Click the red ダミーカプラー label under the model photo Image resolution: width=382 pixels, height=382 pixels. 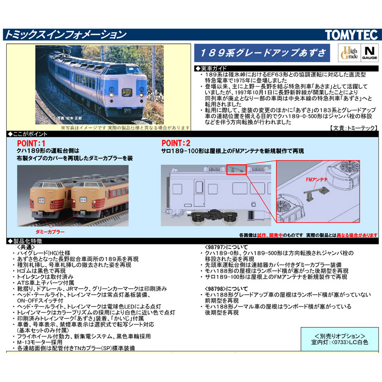(x=64, y=231)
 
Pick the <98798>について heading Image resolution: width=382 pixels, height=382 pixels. (x=222, y=289)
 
